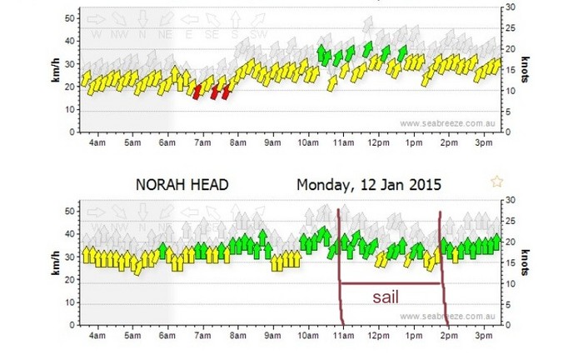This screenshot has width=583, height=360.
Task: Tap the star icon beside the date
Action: tap(497, 181)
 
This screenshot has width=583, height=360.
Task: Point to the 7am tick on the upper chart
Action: tap(202, 142)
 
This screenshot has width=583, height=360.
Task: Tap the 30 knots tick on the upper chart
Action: tap(508, 7)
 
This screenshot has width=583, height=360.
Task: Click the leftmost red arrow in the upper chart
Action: tap(197, 91)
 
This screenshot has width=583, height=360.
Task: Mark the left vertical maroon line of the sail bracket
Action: tap(340, 267)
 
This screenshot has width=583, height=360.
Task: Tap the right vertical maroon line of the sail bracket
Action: tap(441, 267)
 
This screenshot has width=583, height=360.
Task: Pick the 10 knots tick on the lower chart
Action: tap(508, 283)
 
